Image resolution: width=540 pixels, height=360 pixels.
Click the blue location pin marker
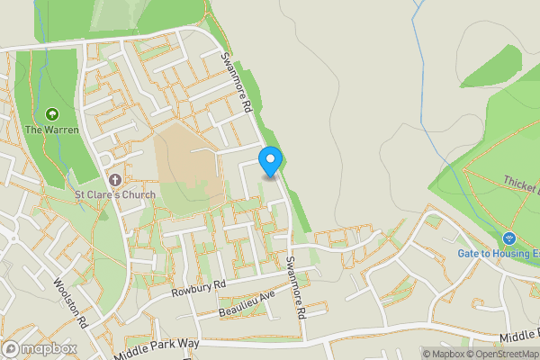coord(270,161)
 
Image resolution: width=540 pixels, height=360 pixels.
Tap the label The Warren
coord(51,130)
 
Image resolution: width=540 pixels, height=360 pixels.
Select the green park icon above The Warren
coord(51,114)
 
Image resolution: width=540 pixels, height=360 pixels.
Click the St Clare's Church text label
coord(115,194)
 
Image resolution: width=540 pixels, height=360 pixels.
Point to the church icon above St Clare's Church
coord(115,179)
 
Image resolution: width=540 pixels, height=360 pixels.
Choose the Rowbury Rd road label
coord(198,290)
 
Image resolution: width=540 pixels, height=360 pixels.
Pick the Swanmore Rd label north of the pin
coord(236,81)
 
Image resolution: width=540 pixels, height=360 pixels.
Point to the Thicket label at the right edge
coord(521,184)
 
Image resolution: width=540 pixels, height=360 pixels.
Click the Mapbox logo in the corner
coord(38,348)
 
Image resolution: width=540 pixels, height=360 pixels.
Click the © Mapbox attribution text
coord(446,354)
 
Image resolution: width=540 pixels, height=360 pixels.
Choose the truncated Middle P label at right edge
coord(519,337)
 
